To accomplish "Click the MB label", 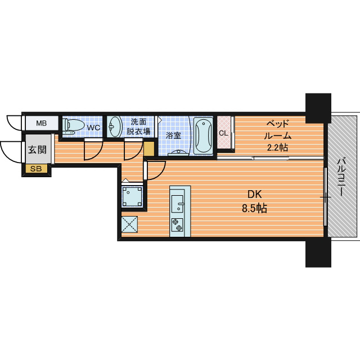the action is [x=41, y=123].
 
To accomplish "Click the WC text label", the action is [x=93, y=128].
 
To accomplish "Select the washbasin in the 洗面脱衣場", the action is [x=115, y=127].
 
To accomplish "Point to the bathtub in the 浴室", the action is [x=203, y=136].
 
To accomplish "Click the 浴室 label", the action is [x=173, y=136].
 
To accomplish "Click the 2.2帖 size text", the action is [x=277, y=147].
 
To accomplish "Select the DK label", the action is [x=255, y=195].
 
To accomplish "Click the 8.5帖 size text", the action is [x=255, y=208].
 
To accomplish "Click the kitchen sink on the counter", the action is [x=178, y=204].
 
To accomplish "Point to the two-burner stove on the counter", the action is [x=177, y=225].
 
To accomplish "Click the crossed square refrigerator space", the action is [x=129, y=224].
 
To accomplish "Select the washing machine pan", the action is [x=132, y=196].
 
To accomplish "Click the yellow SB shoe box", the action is [x=36, y=169].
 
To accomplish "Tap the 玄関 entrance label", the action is [x=37, y=150].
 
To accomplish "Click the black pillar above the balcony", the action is [x=318, y=108].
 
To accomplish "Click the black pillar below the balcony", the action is [x=318, y=252].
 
